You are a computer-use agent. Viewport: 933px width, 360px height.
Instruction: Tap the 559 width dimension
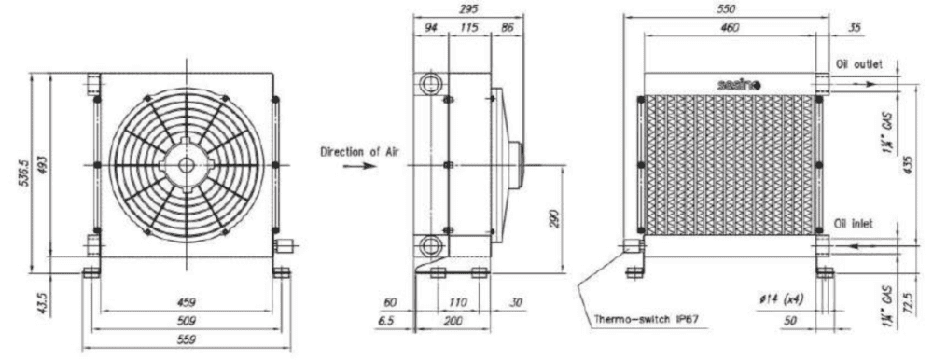tap(187, 340)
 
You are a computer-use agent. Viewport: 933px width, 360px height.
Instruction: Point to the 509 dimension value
tap(187, 322)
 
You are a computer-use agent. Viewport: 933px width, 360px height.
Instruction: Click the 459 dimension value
tap(187, 302)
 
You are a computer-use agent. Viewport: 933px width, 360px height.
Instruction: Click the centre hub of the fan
tap(187, 165)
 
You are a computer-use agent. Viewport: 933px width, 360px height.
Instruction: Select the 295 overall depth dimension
tap(468, 9)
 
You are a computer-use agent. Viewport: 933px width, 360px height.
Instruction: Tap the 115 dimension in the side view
tap(469, 27)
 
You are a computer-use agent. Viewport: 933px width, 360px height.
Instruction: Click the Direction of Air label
tap(360, 151)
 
